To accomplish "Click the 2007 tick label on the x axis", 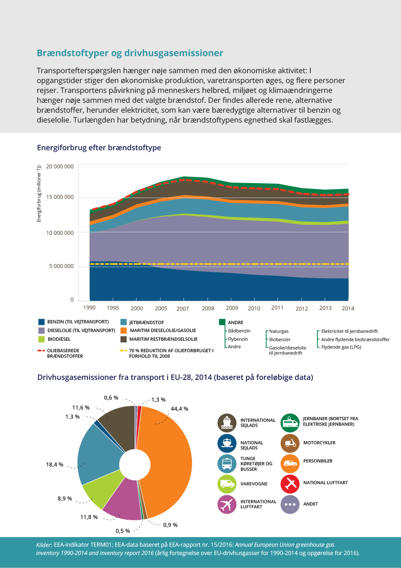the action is (182, 309).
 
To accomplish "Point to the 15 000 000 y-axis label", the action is (60, 197).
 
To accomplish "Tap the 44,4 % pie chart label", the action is (180, 408).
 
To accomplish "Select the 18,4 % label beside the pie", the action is (55, 464).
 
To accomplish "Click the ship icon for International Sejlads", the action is (227, 423).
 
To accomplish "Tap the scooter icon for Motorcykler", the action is (290, 443).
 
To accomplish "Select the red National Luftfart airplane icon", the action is (290, 484).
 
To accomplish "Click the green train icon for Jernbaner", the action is (290, 423).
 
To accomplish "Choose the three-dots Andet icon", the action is (290, 504).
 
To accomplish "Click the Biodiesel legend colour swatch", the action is (42, 339).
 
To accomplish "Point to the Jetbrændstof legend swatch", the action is (124, 322).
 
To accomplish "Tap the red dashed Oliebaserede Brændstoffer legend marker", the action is (41, 351).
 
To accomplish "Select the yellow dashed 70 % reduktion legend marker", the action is (124, 351).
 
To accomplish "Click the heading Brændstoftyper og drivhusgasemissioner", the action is (130, 53).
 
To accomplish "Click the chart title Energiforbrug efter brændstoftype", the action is (99, 147).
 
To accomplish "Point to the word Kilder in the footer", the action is (44, 545).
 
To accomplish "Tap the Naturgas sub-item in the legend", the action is (279, 331).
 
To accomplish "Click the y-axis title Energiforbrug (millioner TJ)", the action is (39, 194).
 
